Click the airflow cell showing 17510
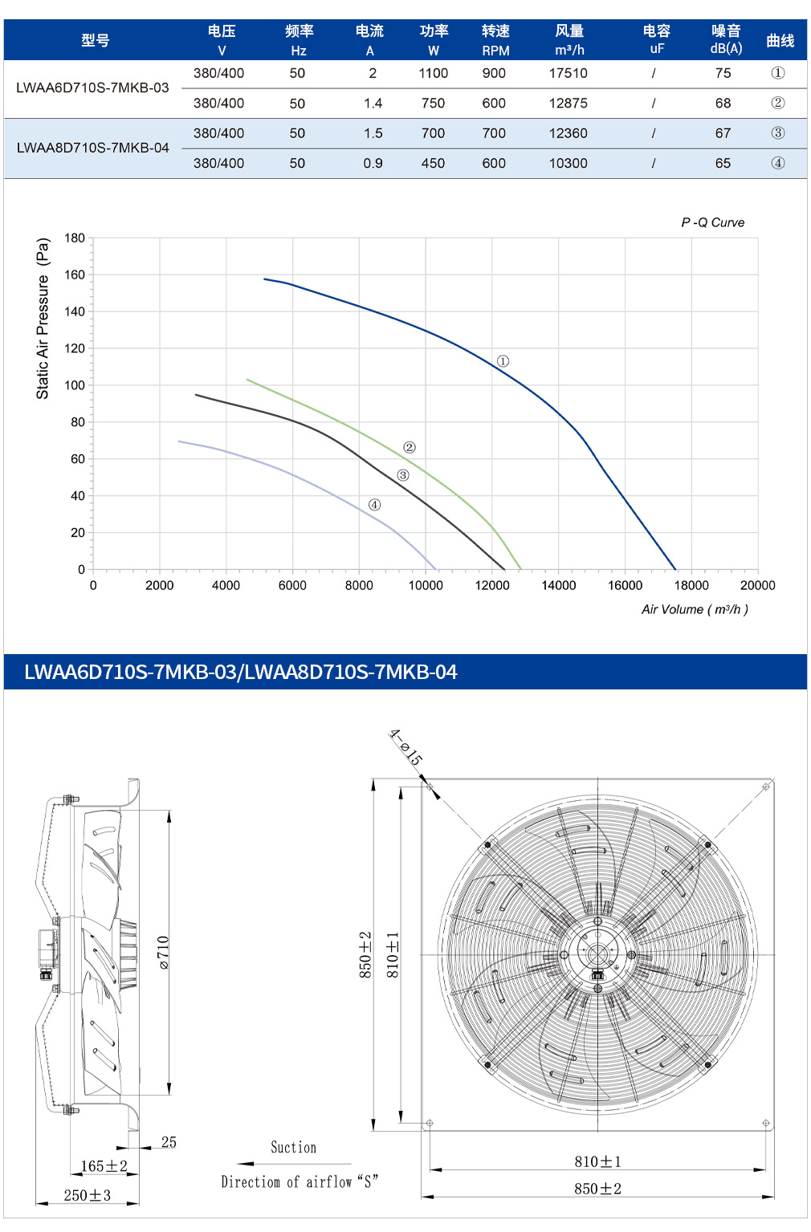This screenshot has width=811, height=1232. pyautogui.click(x=568, y=73)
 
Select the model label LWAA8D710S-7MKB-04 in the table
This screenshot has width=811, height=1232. pyautogui.click(x=93, y=148)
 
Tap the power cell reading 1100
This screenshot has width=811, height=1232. pyautogui.click(x=433, y=73)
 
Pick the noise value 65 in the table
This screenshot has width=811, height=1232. pyautogui.click(x=723, y=164)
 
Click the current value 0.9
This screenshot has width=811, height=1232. pyautogui.click(x=373, y=164)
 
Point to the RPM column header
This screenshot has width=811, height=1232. pyautogui.click(x=495, y=40)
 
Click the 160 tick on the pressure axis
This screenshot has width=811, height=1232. pyautogui.click(x=75, y=275)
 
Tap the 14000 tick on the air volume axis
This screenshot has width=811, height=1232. pyautogui.click(x=558, y=585)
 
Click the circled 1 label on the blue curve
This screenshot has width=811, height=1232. pyautogui.click(x=503, y=361)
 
